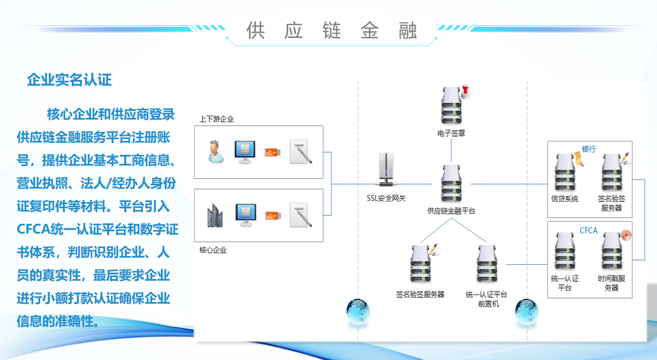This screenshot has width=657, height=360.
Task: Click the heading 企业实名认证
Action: coord(69,80)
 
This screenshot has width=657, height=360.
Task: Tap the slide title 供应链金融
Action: coord(331,31)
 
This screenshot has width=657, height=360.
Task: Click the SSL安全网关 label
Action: coord(386,198)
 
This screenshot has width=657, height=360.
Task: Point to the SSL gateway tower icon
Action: coord(386,169)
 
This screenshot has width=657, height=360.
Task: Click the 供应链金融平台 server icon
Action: coord(452,183)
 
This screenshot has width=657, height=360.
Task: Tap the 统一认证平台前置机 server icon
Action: coord(487,264)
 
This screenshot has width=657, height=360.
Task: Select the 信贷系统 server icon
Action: coord(565,172)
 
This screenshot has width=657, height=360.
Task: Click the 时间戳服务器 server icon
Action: coord(612,251)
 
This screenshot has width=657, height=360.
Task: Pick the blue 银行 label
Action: coord(588,149)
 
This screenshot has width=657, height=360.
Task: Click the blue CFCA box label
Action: coord(588,230)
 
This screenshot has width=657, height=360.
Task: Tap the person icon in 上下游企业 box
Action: coord(216,152)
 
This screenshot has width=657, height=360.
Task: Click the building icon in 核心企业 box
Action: coord(215,215)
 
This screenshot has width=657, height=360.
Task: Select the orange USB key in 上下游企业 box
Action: coord(273,152)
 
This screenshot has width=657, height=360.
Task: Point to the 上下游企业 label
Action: coord(216,119)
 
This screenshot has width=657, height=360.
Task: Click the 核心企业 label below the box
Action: coord(213,250)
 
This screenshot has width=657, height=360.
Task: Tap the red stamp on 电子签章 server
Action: coord(465,91)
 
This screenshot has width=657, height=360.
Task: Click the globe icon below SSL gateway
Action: coord(358,312)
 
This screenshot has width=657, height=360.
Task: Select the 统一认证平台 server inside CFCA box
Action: coord(565,251)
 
